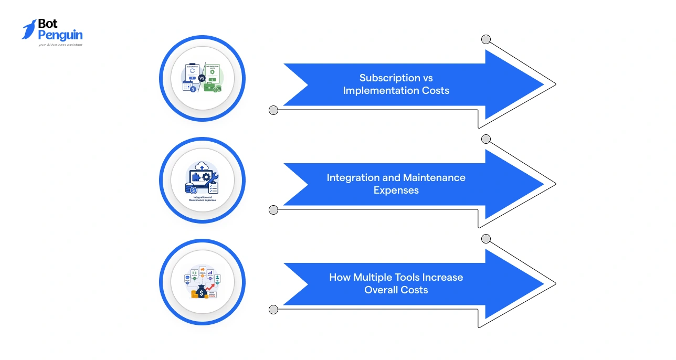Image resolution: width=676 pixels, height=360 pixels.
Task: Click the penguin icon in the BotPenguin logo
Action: point(29,29)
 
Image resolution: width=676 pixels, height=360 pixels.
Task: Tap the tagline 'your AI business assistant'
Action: point(60,45)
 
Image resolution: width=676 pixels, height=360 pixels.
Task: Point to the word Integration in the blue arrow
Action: point(355,177)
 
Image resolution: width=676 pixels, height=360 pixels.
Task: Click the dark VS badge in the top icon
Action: point(202,78)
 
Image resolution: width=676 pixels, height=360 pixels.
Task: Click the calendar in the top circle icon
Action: point(187,86)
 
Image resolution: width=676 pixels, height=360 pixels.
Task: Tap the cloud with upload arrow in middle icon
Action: point(202,167)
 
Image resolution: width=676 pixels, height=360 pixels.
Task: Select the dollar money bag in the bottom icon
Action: point(201,292)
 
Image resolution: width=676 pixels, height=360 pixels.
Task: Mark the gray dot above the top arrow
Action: point(486,39)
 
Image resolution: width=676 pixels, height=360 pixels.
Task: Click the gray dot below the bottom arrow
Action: point(273,310)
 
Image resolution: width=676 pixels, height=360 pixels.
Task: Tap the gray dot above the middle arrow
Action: point(486,139)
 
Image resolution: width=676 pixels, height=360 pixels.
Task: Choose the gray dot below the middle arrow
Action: point(273,210)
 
